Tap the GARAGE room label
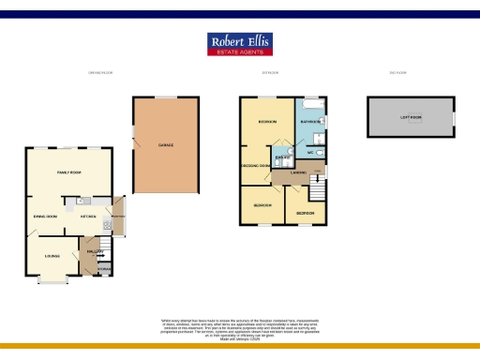[165, 144]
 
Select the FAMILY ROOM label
[69, 172]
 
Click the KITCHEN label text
[89, 217]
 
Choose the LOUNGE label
[52, 254]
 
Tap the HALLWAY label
[95, 250]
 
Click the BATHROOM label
[310, 122]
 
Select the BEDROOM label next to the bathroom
[267, 122]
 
